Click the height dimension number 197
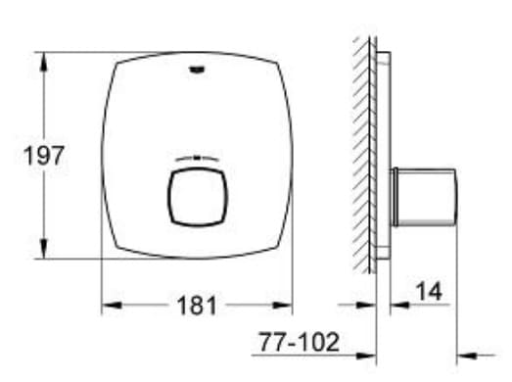pos(45,155)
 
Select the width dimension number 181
pos(197,306)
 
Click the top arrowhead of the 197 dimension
pos(43,59)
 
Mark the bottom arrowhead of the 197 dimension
pos(43,252)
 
